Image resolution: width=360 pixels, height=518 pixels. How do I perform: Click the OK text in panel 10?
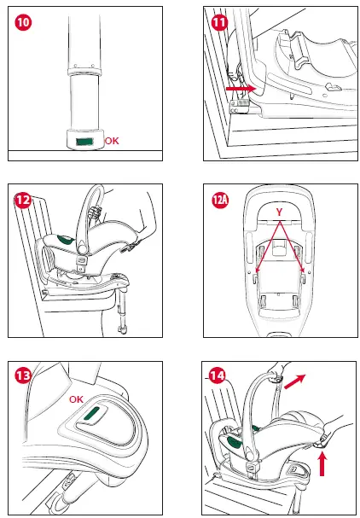click(112, 140)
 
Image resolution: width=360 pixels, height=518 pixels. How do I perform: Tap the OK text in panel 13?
click(77, 399)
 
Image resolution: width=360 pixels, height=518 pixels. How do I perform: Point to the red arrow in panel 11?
click(241, 87)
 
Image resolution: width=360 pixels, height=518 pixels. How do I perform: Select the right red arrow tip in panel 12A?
click(305, 273)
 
